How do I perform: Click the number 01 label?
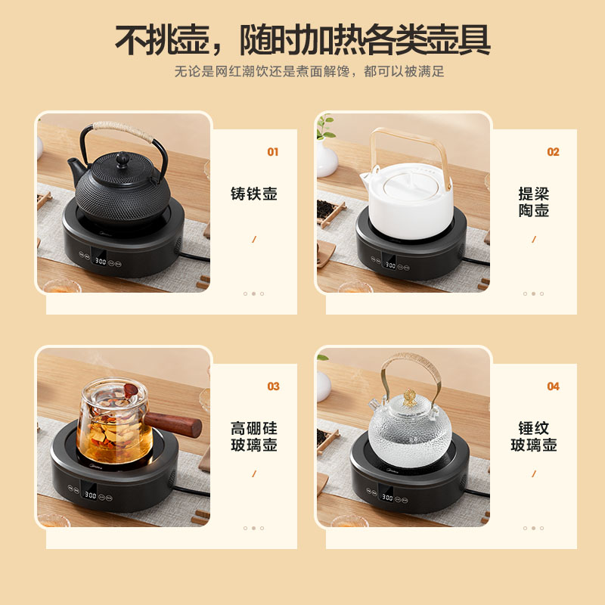point(273,152)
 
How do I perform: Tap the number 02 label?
point(553,152)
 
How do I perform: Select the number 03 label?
point(273,386)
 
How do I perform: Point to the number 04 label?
point(553,386)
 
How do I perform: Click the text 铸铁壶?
point(254,194)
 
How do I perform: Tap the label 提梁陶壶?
point(534,202)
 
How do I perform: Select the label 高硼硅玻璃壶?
point(254,436)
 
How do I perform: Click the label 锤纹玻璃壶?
point(534,436)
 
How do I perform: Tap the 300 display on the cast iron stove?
point(100,262)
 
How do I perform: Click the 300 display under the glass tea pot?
point(91,495)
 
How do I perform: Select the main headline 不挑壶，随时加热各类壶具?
point(302,39)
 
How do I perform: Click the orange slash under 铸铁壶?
point(254,239)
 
